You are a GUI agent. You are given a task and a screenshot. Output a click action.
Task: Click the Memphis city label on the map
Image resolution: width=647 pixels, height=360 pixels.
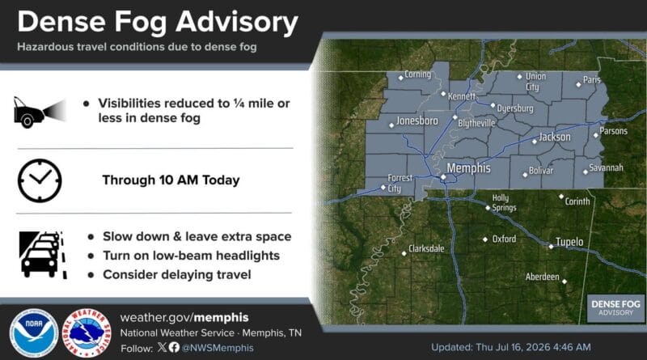point(469,168)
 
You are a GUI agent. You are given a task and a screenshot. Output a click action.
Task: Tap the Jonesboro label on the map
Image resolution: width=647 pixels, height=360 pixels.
point(417,121)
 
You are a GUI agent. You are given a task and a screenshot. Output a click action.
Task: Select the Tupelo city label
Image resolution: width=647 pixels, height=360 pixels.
point(569,242)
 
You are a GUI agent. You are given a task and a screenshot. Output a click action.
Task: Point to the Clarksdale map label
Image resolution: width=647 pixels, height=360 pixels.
point(426,248)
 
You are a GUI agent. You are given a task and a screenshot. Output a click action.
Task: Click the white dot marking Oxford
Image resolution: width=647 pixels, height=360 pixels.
point(485,239)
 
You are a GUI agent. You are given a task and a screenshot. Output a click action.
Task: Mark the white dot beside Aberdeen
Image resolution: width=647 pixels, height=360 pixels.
point(565,282)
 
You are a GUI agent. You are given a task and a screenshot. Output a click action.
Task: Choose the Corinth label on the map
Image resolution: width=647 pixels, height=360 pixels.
point(577,201)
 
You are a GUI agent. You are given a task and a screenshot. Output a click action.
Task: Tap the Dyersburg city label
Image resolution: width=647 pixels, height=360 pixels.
point(515,108)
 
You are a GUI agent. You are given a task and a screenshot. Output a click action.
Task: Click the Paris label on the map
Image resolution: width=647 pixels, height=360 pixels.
point(592,79)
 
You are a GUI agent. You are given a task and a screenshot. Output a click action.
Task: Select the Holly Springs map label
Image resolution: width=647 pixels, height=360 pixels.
point(503,203)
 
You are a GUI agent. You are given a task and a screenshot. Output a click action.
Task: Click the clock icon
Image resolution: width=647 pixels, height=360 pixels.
point(40,180)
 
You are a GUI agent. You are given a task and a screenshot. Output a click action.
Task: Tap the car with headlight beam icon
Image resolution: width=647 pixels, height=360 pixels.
point(40,112)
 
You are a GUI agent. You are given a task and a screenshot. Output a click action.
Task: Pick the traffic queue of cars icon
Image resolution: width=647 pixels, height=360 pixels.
point(43,255)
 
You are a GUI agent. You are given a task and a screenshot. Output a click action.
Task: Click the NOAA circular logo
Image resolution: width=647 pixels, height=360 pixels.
point(34,332)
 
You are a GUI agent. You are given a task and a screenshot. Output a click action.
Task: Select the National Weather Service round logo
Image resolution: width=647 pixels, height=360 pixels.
point(87,332)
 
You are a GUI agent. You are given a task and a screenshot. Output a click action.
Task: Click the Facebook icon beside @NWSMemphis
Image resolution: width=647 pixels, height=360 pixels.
point(174,347)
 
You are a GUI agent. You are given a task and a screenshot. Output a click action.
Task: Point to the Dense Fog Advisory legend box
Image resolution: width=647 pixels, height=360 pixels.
point(615,308)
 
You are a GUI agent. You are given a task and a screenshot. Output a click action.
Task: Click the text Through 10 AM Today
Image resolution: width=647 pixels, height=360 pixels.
point(171,180)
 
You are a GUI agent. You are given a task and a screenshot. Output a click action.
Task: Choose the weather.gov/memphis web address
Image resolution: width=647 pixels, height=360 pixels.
point(184,317)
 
